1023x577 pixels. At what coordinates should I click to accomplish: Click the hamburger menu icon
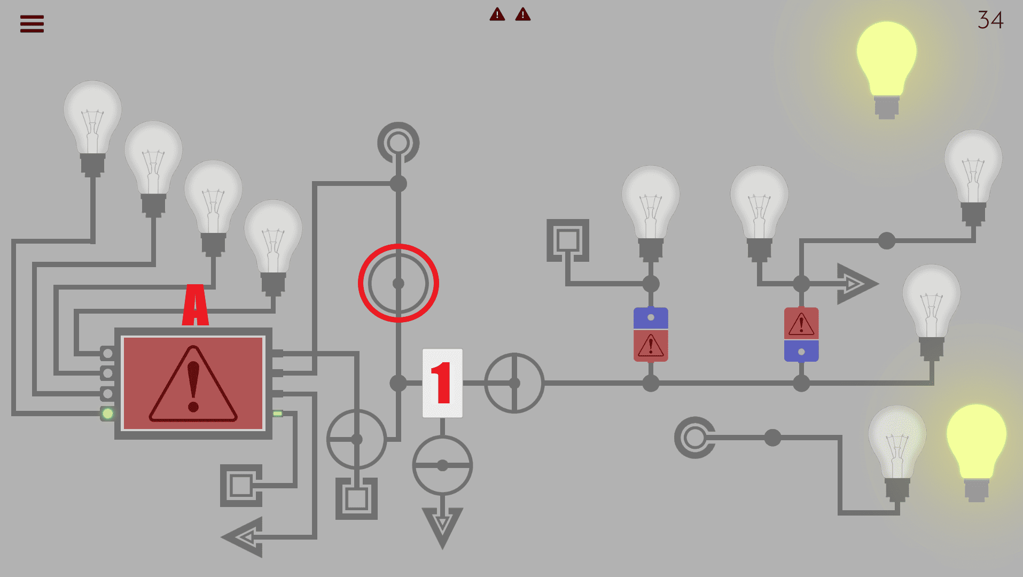pyautogui.click(x=32, y=24)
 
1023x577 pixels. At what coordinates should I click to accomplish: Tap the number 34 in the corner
pyautogui.click(x=990, y=20)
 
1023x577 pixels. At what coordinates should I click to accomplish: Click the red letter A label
pyautogui.click(x=196, y=305)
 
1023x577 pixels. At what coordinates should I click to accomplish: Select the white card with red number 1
pyautogui.click(x=442, y=383)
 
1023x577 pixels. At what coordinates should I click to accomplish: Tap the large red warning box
pyautogui.click(x=193, y=383)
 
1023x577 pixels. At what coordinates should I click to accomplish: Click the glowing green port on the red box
pyautogui.click(x=108, y=414)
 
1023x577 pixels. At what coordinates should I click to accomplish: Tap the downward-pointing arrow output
pyautogui.click(x=442, y=526)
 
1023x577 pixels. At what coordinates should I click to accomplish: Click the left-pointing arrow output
pyautogui.click(x=243, y=537)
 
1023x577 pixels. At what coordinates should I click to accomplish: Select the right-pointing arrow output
pyautogui.click(x=856, y=284)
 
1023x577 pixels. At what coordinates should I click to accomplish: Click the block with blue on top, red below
pyautogui.click(x=651, y=334)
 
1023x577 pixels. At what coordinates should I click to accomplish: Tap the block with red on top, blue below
pyautogui.click(x=801, y=334)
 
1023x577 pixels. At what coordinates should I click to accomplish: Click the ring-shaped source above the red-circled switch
pyautogui.click(x=399, y=130)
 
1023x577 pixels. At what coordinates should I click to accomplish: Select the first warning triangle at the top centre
pyautogui.click(x=497, y=14)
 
